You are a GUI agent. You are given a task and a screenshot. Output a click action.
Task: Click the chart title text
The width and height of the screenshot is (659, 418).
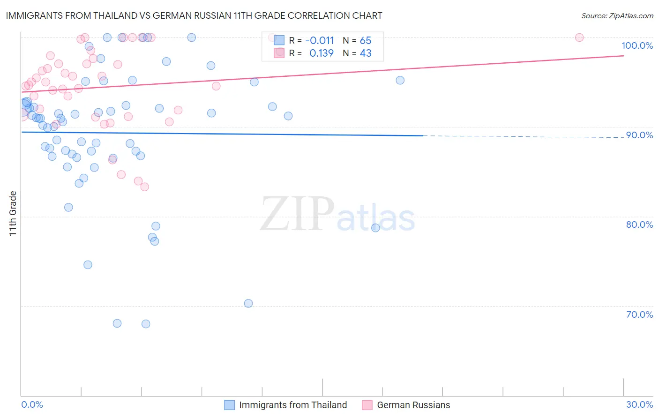click(x=194, y=15)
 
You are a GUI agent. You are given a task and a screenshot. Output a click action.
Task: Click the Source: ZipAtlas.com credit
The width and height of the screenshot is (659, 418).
click(x=617, y=15)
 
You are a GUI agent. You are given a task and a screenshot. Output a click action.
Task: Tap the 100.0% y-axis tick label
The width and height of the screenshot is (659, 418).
click(x=637, y=45)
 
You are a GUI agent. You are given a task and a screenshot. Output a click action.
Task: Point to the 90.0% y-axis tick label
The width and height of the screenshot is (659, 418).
click(x=639, y=135)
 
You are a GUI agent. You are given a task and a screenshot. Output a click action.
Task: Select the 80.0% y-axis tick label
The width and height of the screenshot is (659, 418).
click(x=639, y=224)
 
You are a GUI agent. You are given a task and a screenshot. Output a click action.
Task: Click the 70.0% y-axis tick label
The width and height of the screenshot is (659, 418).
click(x=639, y=314)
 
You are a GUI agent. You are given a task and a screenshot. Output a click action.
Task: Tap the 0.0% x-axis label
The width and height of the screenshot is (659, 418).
click(x=32, y=404)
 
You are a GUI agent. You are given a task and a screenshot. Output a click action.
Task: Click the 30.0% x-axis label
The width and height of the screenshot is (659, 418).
click(x=639, y=404)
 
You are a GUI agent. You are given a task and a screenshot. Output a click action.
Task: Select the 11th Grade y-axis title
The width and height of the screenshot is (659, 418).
click(x=13, y=213)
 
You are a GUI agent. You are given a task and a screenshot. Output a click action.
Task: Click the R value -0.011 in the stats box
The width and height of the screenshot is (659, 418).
click(x=319, y=40)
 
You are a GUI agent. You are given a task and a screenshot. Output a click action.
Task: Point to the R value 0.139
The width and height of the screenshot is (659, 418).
click(x=321, y=53)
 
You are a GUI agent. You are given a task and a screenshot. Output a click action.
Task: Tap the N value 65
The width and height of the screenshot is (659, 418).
click(x=365, y=40)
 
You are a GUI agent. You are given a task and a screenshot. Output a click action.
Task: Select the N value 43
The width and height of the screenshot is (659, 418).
click(x=365, y=53)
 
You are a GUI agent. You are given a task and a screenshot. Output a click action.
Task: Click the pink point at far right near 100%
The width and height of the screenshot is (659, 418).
click(x=579, y=37)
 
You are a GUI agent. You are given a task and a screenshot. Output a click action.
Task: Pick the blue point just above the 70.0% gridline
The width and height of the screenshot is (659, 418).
click(x=248, y=303)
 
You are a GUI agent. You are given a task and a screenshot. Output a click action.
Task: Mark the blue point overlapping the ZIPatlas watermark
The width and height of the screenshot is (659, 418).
click(x=375, y=228)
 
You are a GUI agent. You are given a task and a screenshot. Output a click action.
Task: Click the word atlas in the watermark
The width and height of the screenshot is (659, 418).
click(x=376, y=218)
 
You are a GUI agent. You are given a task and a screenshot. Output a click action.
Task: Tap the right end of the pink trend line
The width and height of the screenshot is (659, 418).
click(x=623, y=55)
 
